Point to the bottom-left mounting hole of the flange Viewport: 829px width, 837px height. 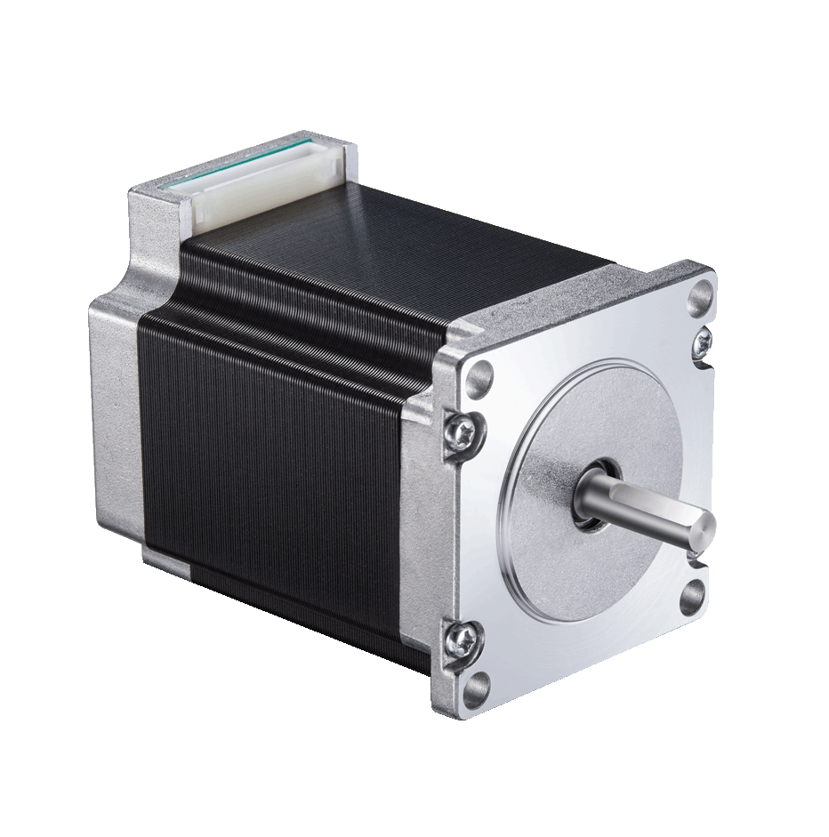[478, 684]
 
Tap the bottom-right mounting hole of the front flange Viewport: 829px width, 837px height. [693, 597]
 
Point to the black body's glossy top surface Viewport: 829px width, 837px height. [400, 240]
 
